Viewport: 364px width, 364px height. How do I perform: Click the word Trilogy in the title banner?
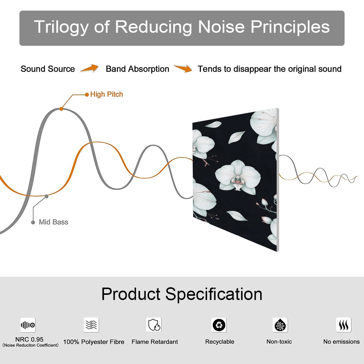61,27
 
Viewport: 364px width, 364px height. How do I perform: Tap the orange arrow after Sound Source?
89,68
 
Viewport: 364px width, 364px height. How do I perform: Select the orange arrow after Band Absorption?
183,68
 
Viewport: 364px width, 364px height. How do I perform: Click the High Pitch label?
106,94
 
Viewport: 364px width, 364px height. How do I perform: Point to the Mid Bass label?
53,222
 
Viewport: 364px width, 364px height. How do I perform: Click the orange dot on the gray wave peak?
61,109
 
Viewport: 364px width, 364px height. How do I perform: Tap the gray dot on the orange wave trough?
46,197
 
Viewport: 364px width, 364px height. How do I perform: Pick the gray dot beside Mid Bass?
33,222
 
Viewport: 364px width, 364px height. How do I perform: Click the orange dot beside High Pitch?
87,95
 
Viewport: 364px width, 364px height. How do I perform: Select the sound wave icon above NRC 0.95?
28,325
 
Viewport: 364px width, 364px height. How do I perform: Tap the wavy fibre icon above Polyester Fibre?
91,325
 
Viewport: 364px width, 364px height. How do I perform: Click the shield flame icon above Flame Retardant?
154,325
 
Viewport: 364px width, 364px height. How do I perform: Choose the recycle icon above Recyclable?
219,325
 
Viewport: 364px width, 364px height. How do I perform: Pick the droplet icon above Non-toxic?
280,325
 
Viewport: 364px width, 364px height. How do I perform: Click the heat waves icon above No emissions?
344,325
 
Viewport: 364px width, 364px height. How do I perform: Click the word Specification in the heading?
214,295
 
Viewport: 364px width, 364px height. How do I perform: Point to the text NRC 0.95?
29,339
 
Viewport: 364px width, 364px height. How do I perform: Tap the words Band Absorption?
137,69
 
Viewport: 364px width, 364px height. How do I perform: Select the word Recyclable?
220,342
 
